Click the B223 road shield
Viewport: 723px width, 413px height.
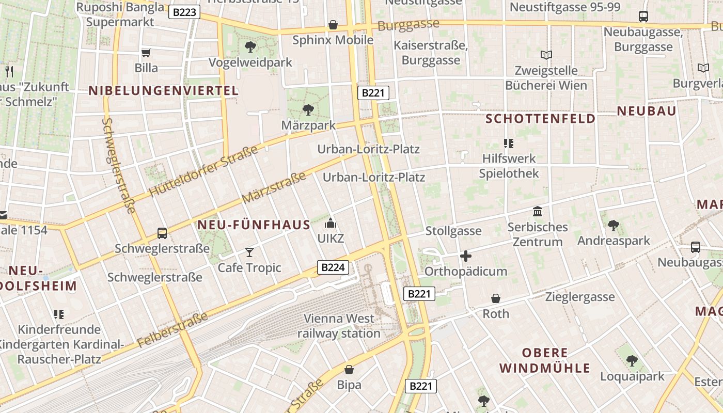point(184,12)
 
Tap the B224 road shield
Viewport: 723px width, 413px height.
point(333,267)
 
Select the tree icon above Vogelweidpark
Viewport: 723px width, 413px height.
point(250,47)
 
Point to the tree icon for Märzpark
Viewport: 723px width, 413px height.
point(308,109)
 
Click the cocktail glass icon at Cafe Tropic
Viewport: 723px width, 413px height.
point(249,252)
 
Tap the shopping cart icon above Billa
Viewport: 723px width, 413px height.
point(146,52)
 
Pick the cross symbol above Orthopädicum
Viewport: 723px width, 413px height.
point(466,256)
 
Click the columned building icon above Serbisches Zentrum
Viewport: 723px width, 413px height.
point(538,211)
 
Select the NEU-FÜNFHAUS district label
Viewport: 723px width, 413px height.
point(254,225)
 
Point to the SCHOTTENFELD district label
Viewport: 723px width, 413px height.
point(541,119)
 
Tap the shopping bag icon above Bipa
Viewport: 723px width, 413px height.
point(349,370)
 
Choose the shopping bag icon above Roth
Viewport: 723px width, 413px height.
point(496,298)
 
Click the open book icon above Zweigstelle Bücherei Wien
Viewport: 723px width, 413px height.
point(546,55)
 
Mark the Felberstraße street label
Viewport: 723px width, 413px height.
point(173,329)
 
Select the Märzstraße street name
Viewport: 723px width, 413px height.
point(274,188)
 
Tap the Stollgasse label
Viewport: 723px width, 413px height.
point(453,231)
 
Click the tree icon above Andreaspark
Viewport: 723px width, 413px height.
point(614,225)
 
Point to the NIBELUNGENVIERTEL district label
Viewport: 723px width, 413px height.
point(164,91)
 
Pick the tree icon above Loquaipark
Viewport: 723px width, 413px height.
point(632,361)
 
